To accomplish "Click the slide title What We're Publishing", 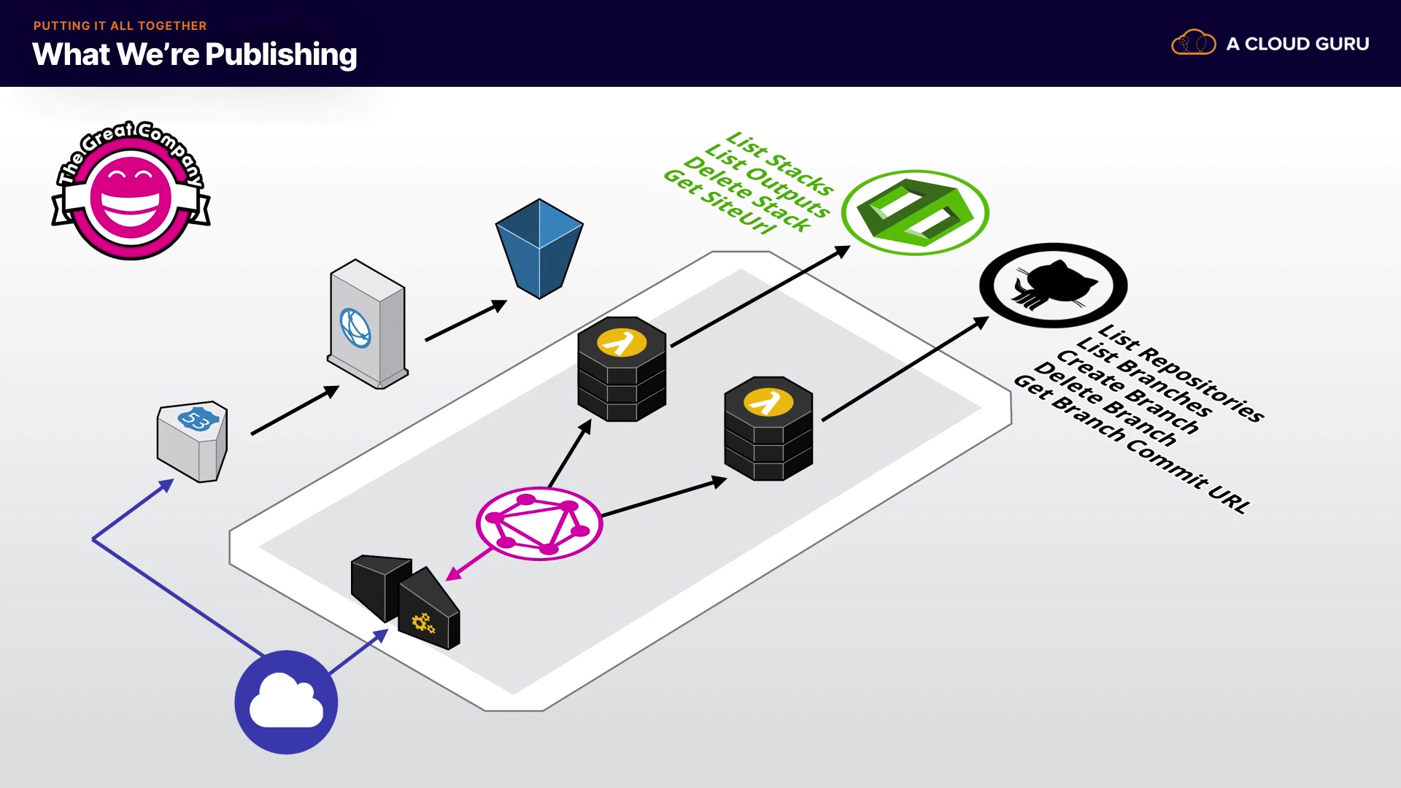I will click(195, 55).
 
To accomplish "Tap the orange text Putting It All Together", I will click(120, 26).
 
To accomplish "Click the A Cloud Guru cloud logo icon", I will click(1193, 43).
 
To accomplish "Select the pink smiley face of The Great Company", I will click(131, 197).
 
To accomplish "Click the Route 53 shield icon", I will click(193, 440).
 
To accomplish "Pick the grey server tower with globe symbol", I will click(367, 324).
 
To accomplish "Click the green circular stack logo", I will click(915, 212).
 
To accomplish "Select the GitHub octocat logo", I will click(1053, 285).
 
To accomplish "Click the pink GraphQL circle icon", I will click(539, 524).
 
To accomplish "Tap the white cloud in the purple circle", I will click(286, 702).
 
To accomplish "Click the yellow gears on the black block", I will click(423, 622).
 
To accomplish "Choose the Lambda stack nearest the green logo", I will click(622, 368).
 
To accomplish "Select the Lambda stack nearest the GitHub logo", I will click(768, 428).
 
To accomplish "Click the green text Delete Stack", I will click(747, 195).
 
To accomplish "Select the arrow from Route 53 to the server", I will click(295, 411).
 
